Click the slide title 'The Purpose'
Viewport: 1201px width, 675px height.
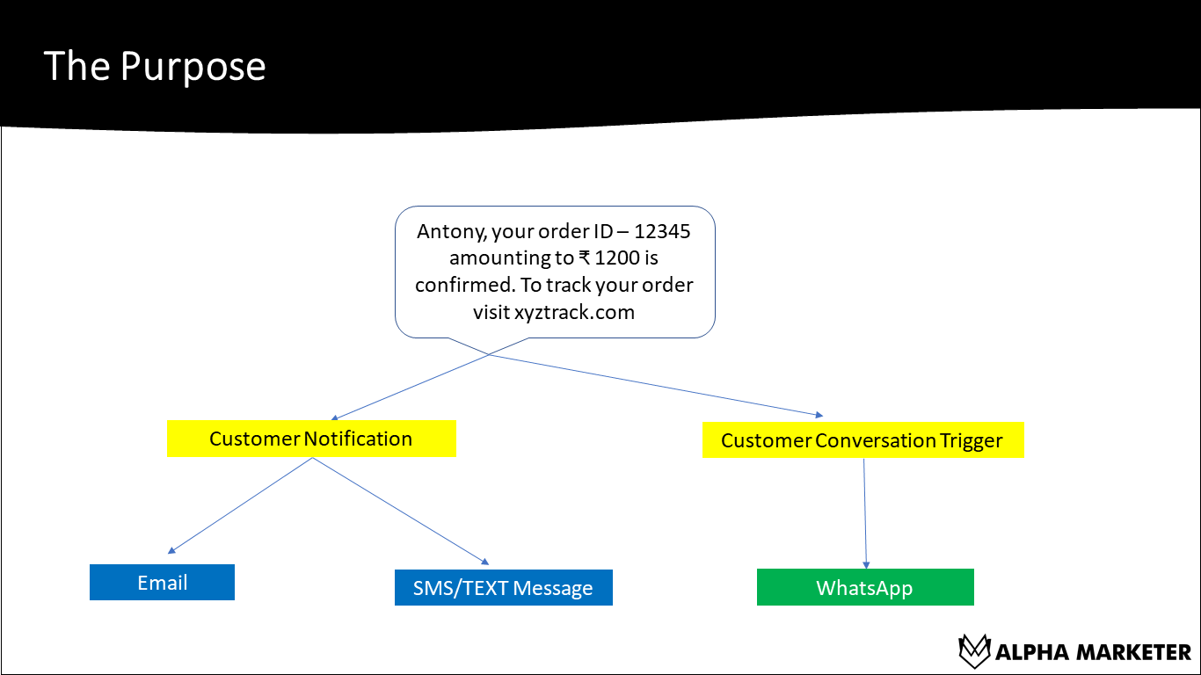point(155,67)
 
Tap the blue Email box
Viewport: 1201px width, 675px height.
point(162,583)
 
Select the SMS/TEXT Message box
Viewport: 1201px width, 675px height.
point(503,588)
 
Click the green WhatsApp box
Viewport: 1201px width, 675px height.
point(864,588)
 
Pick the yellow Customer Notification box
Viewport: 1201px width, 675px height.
point(311,439)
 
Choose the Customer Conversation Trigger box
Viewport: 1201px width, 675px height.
point(863,440)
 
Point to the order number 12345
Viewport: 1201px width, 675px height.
point(662,232)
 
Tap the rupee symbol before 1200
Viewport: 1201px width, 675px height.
point(585,258)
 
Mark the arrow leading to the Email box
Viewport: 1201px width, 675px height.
point(237,507)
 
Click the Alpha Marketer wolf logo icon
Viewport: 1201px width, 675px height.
point(974,651)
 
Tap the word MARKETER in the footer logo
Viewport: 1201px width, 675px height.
point(1134,652)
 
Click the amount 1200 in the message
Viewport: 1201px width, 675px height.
point(617,258)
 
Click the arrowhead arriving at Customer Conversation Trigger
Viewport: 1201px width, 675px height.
point(819,414)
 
